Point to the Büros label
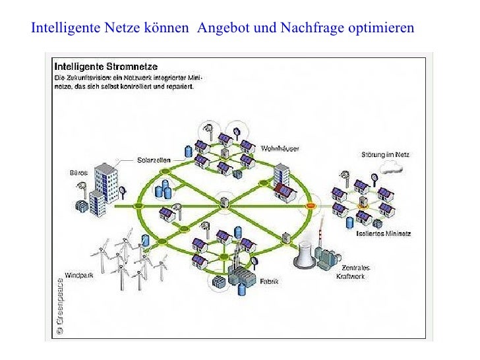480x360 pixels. pyautogui.click(x=78, y=173)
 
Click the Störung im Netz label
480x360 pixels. pyautogui.click(x=386, y=155)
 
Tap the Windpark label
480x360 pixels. pyautogui.click(x=78, y=275)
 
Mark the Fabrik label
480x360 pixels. pyautogui.click(x=269, y=281)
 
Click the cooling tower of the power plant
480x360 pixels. pyautogui.click(x=304, y=256)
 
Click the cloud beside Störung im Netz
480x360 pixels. pyautogui.click(x=394, y=169)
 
